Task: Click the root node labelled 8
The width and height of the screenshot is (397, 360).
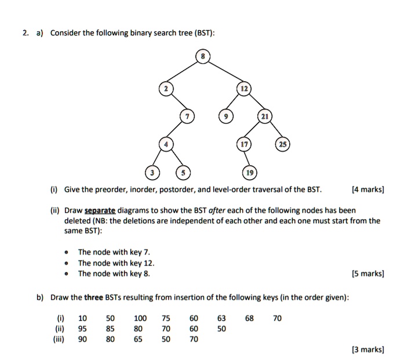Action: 203,57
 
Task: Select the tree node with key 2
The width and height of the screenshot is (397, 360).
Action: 166,89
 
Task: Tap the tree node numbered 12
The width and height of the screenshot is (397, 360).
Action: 244,89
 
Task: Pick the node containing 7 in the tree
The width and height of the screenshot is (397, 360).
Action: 187,117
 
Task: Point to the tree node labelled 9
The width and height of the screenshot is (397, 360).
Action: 228,117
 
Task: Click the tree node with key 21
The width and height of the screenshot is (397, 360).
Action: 264,117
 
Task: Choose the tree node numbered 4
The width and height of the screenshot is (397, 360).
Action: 166,145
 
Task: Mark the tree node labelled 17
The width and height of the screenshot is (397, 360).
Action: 244,145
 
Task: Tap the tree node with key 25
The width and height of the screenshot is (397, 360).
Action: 285,145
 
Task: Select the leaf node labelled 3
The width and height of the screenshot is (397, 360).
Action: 152,173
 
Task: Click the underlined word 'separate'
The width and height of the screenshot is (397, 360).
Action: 100,210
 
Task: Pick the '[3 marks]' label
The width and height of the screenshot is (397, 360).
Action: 368,349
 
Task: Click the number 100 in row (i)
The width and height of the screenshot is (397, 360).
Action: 140,318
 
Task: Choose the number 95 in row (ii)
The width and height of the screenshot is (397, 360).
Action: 82,329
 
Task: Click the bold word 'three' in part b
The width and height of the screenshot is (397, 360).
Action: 93,298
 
